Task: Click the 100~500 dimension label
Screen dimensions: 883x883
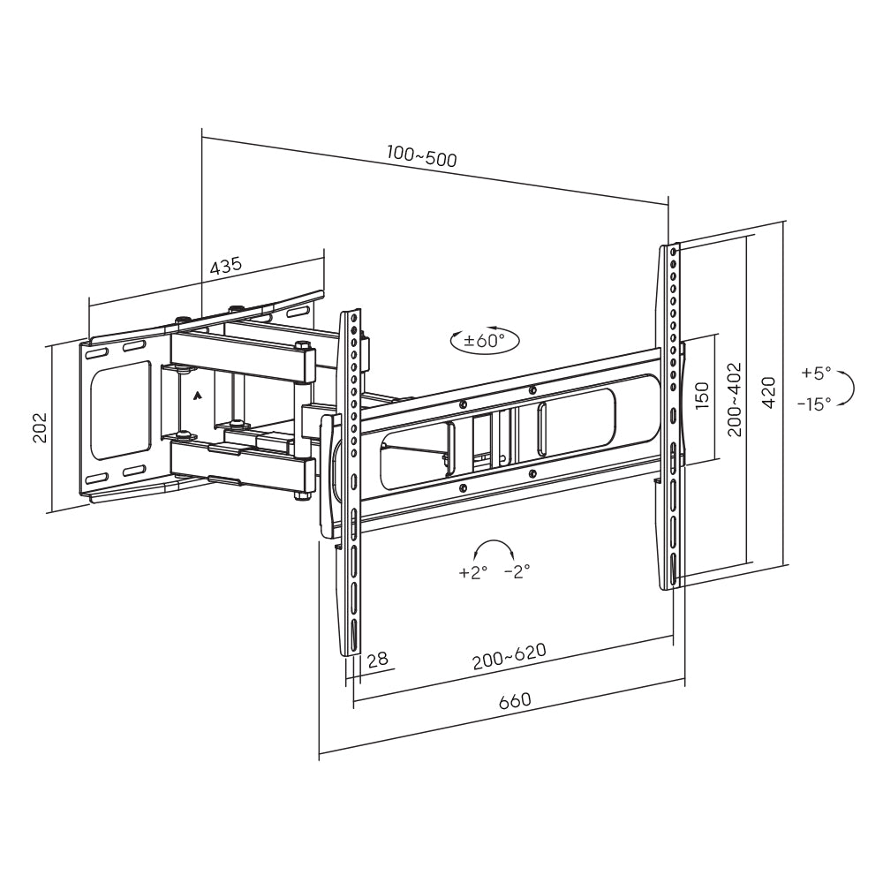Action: click(421, 157)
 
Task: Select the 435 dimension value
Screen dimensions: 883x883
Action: click(226, 266)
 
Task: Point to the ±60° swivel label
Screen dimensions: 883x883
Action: click(485, 341)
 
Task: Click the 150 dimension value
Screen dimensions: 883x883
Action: click(702, 395)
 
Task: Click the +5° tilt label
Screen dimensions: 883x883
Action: click(816, 373)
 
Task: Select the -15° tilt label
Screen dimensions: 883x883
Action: click(813, 404)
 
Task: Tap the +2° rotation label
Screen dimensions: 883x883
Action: click(473, 572)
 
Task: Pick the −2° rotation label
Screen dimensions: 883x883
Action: click(517, 572)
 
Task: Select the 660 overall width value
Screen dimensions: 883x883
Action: click(515, 701)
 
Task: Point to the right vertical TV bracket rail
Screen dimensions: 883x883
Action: click(673, 415)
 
